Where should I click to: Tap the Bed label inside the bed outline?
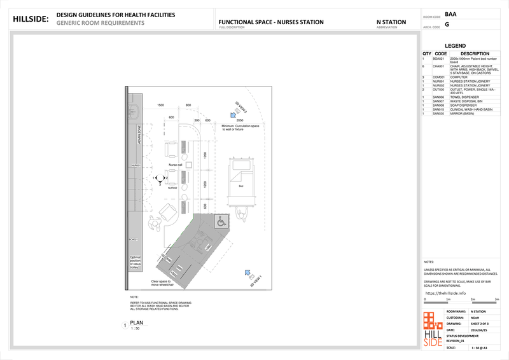coord(241,186)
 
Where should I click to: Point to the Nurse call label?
coord(175,165)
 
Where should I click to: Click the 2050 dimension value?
coord(240,120)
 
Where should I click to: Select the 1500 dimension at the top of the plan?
coord(160,105)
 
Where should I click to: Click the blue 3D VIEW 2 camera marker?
coord(234,115)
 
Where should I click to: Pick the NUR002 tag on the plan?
coord(172,188)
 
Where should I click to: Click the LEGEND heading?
coord(455,46)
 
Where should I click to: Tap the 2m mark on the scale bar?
coord(473,298)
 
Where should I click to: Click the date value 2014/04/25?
coord(479,330)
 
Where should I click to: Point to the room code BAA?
coord(450,14)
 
